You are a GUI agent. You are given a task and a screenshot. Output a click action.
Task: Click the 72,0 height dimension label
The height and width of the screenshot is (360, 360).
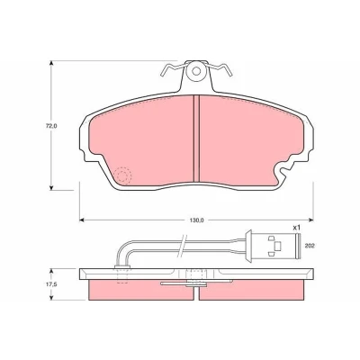click(51, 126)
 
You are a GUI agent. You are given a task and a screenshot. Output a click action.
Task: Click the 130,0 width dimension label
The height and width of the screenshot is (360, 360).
click(197, 220)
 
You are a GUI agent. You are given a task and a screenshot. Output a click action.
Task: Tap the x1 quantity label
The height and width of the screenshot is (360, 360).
click(296, 228)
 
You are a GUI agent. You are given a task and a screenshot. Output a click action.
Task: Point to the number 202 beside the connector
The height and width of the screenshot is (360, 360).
click(310, 246)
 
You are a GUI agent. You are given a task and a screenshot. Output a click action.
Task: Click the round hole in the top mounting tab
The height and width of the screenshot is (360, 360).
click(196, 71)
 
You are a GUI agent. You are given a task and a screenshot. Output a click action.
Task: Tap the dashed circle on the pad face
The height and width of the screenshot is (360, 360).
click(122, 175)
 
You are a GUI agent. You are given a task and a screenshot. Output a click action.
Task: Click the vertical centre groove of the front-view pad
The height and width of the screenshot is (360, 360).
click(196, 139)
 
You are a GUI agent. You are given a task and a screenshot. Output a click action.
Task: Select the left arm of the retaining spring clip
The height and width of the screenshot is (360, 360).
click(172, 68)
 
